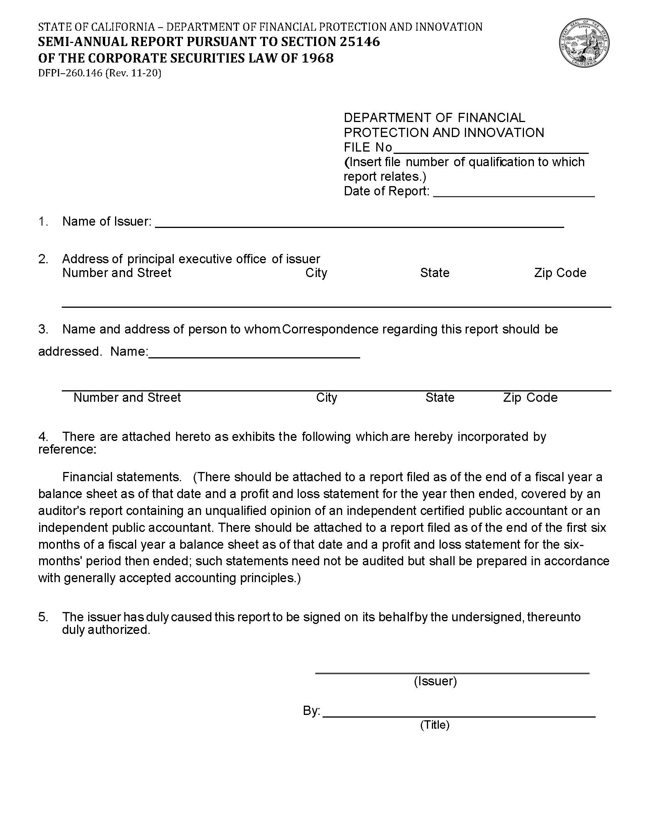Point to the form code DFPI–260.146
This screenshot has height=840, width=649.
(x=70, y=73)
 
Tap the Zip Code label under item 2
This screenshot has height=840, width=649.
(x=560, y=273)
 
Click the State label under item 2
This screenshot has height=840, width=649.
(x=435, y=273)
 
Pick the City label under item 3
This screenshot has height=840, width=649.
(x=326, y=397)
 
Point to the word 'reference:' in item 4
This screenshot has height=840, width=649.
(x=67, y=449)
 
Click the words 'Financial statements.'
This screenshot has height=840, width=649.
(x=122, y=477)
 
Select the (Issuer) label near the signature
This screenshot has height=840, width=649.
(x=435, y=681)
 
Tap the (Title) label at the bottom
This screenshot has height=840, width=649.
(x=435, y=725)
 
